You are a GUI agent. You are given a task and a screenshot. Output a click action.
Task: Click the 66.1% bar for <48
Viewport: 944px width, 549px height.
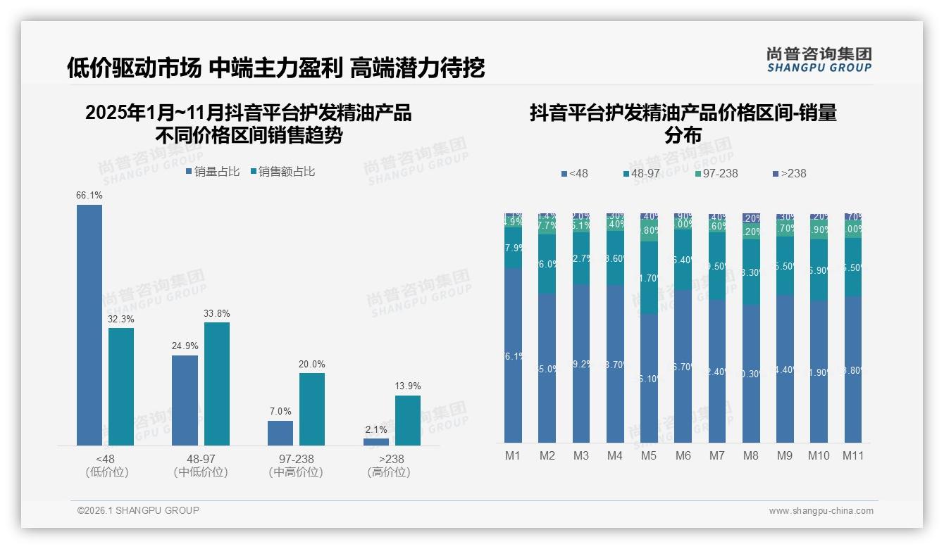(x=89, y=324)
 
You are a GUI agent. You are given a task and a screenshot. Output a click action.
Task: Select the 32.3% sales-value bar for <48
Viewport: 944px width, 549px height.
(x=121, y=386)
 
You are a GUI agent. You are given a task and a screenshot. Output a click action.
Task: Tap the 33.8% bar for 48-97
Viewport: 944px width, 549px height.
(x=217, y=384)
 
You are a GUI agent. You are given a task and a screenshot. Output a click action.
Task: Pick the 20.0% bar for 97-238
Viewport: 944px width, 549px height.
(x=312, y=409)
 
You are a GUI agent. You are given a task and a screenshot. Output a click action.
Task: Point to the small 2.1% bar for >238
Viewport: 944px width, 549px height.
(x=376, y=442)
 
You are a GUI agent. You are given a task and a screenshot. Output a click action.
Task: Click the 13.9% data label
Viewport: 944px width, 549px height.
(x=408, y=386)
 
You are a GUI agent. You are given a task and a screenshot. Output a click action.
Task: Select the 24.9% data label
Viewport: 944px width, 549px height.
(x=185, y=346)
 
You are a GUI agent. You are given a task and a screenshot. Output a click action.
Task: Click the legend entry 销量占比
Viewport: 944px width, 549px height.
(x=213, y=172)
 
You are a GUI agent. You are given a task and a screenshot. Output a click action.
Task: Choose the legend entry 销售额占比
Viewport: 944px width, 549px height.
(x=282, y=172)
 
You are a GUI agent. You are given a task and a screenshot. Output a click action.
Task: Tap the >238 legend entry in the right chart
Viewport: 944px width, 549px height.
(x=789, y=173)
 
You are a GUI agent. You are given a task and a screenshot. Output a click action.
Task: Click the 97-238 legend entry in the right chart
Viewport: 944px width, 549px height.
(x=716, y=173)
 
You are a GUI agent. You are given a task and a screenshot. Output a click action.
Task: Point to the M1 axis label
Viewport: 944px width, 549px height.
(x=513, y=455)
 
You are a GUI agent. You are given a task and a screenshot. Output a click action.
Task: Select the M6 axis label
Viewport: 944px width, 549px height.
(x=683, y=455)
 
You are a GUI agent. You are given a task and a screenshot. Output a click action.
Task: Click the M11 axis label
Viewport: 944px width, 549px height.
(x=853, y=455)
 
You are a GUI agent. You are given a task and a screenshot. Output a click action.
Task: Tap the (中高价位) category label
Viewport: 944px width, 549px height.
(x=296, y=472)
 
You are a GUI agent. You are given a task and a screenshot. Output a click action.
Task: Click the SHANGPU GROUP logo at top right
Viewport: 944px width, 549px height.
(x=819, y=60)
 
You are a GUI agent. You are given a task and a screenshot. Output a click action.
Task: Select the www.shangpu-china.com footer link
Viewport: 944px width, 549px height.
(x=821, y=511)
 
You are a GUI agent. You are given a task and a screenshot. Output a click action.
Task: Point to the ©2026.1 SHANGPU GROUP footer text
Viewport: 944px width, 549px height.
(x=138, y=510)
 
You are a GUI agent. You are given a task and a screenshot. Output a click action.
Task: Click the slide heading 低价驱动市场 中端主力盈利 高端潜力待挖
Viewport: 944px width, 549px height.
(x=275, y=68)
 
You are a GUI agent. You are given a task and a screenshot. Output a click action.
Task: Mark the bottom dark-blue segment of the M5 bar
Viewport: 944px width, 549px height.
(x=649, y=378)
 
